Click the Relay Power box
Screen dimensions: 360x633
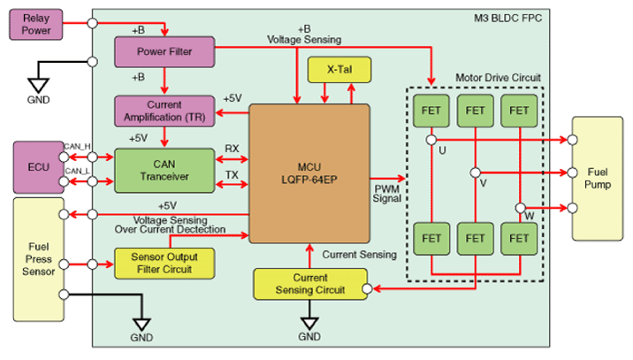(x=36, y=25)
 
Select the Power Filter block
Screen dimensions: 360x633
(x=165, y=50)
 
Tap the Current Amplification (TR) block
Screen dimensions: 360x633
(x=165, y=111)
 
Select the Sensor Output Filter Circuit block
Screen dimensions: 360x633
(x=165, y=263)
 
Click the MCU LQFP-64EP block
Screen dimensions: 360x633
(x=309, y=173)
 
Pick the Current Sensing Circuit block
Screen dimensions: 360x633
(x=309, y=283)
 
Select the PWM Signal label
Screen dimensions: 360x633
(x=387, y=194)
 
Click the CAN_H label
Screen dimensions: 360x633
(x=77, y=146)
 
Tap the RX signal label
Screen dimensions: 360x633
(x=232, y=149)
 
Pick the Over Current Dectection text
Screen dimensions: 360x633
(x=170, y=229)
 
